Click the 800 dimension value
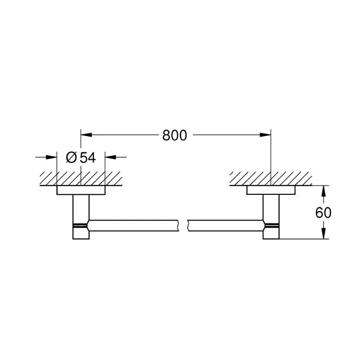tap(175, 135)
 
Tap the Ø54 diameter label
tap(81, 157)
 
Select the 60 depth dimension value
tap(323, 212)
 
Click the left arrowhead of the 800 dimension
tap(86, 135)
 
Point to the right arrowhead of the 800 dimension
tap(265, 135)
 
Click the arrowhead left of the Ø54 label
tap(51, 157)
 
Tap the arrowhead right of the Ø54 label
tap(110, 157)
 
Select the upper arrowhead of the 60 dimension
tap(323, 191)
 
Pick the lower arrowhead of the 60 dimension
tap(323, 233)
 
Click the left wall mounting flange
tap(81, 190)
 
